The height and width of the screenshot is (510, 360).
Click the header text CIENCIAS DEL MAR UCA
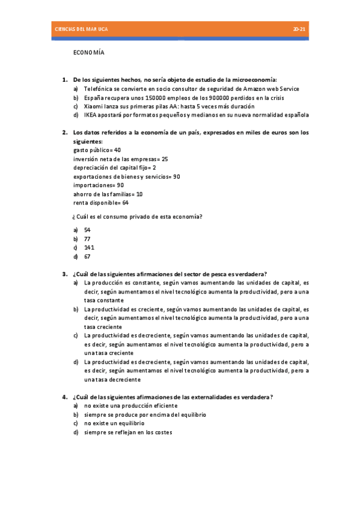click(x=81, y=29)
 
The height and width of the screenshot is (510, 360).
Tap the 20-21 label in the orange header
click(x=299, y=29)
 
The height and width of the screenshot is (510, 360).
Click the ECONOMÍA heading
click(x=89, y=52)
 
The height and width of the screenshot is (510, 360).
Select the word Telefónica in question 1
click(x=98, y=88)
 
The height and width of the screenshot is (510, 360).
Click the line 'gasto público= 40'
click(x=97, y=150)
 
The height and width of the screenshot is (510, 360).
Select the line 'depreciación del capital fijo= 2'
click(x=114, y=168)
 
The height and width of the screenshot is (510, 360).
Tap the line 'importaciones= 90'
click(x=98, y=185)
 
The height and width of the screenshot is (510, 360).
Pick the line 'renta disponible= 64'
click(x=100, y=203)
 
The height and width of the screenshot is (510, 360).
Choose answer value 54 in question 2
click(x=87, y=230)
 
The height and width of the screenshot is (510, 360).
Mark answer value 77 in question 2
click(x=87, y=239)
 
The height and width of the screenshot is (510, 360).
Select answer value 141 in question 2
click(x=88, y=247)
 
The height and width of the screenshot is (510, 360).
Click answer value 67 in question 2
click(x=87, y=256)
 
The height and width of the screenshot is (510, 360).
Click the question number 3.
click(x=64, y=274)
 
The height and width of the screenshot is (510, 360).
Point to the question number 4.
click(x=64, y=397)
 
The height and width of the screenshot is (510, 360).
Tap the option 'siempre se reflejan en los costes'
click(x=128, y=432)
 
